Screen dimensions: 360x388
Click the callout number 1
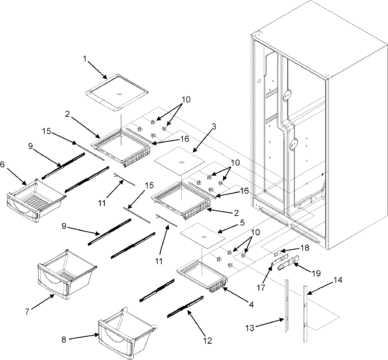point(84,58)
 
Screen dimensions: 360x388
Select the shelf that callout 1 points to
point(117,96)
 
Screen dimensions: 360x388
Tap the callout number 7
point(27,312)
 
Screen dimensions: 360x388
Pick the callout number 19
point(317,273)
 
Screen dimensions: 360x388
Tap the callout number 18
point(304,248)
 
